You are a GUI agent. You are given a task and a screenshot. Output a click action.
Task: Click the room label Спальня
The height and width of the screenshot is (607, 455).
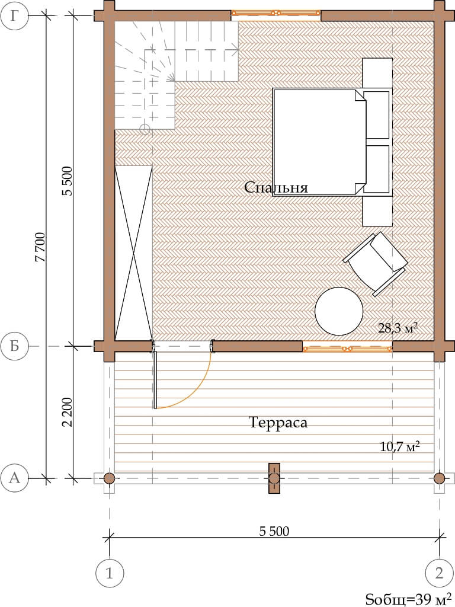(x=276, y=188)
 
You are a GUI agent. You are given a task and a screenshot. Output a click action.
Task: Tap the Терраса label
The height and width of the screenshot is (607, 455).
(x=278, y=422)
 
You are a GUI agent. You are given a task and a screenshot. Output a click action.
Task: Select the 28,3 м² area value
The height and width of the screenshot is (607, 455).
(x=398, y=328)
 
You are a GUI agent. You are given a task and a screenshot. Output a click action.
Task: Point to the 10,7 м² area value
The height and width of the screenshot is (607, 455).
(x=400, y=447)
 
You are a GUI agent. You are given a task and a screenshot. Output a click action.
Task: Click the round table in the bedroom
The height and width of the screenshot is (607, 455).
(x=339, y=311)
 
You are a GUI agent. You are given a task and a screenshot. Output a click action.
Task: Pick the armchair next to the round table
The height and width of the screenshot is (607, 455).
(x=376, y=264)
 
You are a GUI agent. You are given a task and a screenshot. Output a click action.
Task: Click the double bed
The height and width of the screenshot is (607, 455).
(x=319, y=142)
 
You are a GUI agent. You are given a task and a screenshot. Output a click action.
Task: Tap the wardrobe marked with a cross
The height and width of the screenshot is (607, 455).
(x=133, y=253)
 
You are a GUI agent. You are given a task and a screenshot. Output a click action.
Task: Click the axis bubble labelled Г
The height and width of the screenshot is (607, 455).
(x=15, y=16)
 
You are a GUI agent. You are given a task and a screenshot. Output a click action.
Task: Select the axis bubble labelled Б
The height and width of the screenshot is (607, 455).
(x=15, y=346)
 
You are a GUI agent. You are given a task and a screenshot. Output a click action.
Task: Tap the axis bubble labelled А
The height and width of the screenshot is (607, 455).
(x=15, y=478)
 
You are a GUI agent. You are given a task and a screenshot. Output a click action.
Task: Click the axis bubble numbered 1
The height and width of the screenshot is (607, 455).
(x=110, y=573)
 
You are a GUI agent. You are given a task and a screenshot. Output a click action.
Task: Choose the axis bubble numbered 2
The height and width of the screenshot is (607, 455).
(x=439, y=573)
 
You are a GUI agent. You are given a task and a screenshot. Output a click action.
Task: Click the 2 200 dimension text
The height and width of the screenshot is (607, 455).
(x=67, y=412)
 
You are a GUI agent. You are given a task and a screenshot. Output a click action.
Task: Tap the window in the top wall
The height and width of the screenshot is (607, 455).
(x=276, y=13)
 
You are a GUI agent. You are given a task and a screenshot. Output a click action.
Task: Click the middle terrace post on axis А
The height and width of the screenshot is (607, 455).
(x=274, y=478)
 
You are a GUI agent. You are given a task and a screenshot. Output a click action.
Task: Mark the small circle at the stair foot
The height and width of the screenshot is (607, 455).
(x=145, y=129)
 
